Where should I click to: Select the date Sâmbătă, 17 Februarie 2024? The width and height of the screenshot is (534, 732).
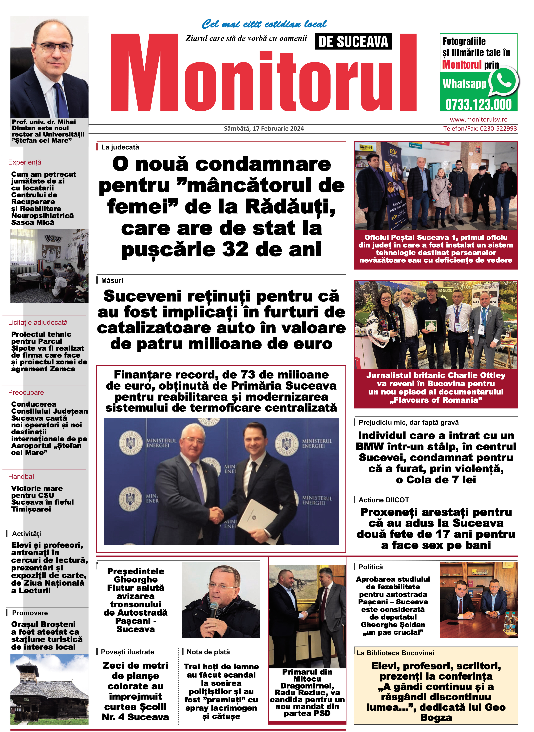coord(264,128)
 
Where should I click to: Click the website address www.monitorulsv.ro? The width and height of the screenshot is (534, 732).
coord(478,119)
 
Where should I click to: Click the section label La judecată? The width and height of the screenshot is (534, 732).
coord(120,147)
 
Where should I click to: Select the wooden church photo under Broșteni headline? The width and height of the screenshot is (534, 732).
coord(49,689)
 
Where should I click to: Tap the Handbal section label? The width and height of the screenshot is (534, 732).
coord(21,477)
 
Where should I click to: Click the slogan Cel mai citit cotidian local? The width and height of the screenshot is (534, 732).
coord(264,24)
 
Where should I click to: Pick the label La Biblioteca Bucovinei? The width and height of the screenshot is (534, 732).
coord(395,653)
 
